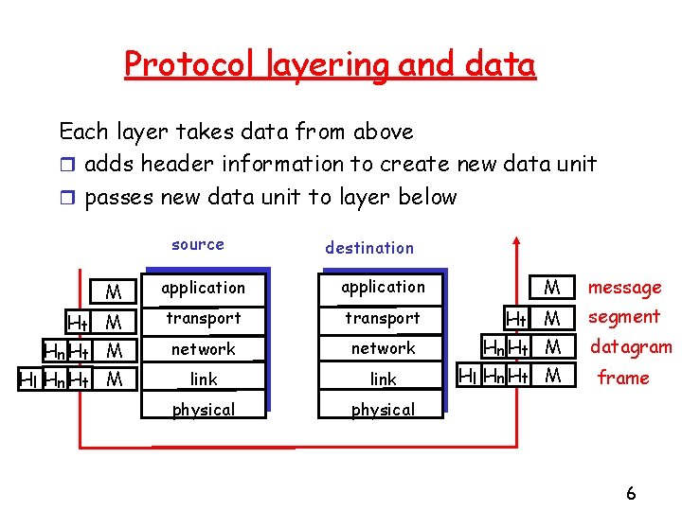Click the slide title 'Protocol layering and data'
point(330,64)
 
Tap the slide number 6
point(631,493)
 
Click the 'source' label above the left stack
point(198,244)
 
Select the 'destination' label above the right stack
point(369,248)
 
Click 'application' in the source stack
point(203,288)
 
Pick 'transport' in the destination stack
point(382,318)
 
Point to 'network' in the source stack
point(203,349)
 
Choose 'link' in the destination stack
point(383,379)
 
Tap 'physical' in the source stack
point(203,410)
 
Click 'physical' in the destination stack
point(383,410)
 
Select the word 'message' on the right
point(624,288)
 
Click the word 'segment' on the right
point(623,317)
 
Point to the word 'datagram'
point(631,347)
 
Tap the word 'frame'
point(623,379)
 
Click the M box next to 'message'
point(552,287)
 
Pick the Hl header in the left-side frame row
point(28,379)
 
